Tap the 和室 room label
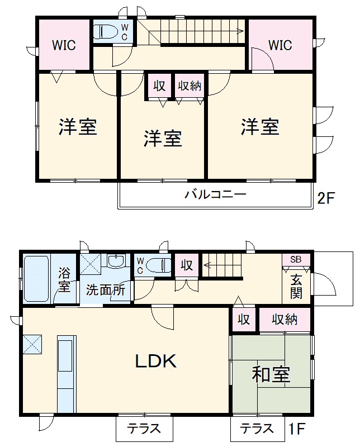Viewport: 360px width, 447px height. (271, 375)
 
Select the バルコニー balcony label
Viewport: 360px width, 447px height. (215, 195)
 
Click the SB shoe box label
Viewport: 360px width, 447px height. (295, 260)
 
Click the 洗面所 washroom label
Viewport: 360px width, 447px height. (105, 290)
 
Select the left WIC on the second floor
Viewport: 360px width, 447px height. (64, 45)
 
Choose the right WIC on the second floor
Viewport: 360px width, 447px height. (280, 45)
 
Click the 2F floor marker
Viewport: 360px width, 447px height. (325, 198)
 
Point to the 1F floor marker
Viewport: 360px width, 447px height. (297, 429)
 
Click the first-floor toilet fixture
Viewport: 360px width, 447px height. (159, 264)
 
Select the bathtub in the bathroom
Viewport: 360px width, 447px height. (36, 278)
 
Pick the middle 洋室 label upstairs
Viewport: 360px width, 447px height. (163, 138)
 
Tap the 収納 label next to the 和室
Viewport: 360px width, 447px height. (284, 319)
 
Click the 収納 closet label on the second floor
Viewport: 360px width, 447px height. (190, 86)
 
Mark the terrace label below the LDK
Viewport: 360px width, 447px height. (144, 429)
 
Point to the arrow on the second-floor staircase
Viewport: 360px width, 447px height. (238, 31)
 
